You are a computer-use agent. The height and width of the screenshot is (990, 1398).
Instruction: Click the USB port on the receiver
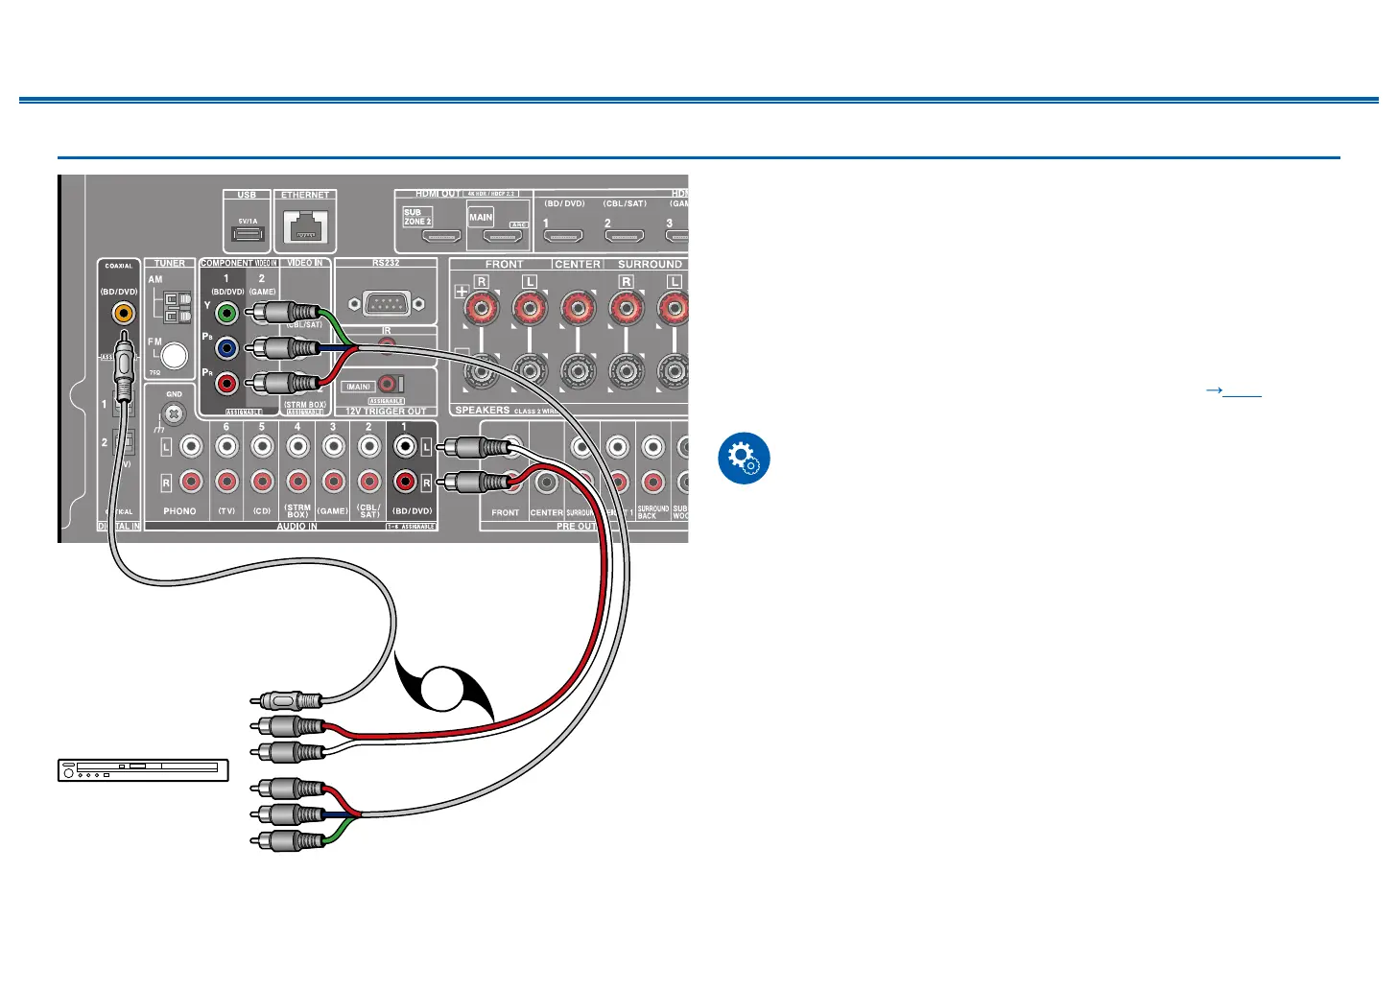[x=247, y=233]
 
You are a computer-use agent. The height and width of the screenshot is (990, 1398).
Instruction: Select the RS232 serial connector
[x=386, y=303]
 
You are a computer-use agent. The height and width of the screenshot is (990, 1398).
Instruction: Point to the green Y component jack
[x=226, y=312]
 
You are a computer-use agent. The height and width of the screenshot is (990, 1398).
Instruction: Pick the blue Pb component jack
[x=226, y=347]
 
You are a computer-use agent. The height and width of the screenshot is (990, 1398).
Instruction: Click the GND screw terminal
[x=174, y=413]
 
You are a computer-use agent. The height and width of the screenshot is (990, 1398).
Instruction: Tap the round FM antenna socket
[x=175, y=356]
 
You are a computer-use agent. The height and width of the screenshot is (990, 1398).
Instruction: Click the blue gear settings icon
[x=744, y=459]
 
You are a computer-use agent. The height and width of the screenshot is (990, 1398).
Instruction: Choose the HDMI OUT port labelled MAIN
[x=502, y=235]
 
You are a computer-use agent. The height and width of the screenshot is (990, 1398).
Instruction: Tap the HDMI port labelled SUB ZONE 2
[x=442, y=235]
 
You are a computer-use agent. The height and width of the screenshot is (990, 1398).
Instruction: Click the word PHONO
[x=179, y=511]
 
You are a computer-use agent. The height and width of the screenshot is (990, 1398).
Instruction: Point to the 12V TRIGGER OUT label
[x=386, y=412]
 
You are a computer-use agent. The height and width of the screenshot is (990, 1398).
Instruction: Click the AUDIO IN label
[x=297, y=526]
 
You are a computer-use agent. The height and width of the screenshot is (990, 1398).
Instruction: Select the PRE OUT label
[x=576, y=526]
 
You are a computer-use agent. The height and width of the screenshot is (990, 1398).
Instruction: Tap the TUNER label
[x=170, y=263]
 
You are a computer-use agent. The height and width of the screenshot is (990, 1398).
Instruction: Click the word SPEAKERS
[x=482, y=410]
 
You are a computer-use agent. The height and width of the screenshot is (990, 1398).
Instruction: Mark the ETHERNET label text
[x=305, y=195]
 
